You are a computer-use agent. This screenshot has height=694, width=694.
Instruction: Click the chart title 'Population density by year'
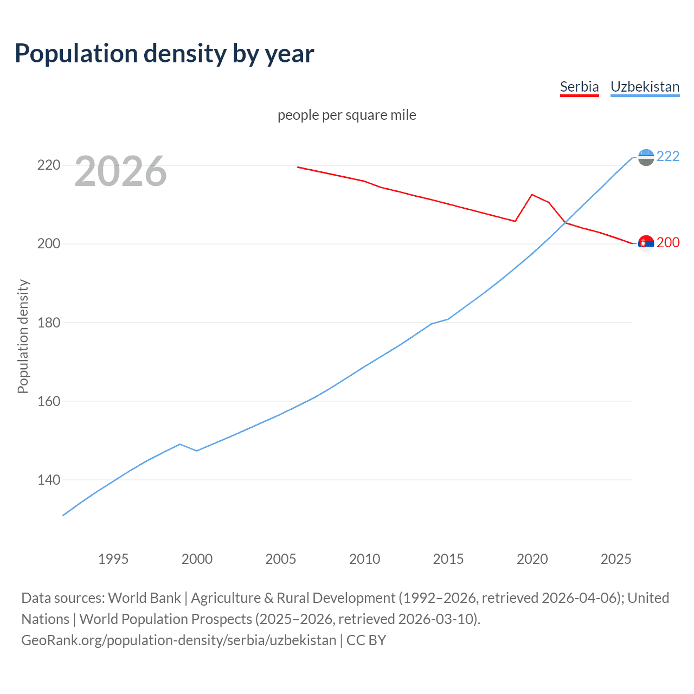[x=164, y=53]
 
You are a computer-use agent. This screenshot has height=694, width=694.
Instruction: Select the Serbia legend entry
[x=579, y=87]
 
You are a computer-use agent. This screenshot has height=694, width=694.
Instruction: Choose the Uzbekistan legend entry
[x=645, y=87]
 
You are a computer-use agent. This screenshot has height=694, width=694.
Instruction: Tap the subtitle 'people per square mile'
[x=346, y=115]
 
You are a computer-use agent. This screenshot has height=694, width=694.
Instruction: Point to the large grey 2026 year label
[x=120, y=171]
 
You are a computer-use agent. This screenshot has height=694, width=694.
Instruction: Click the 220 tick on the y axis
[x=48, y=165]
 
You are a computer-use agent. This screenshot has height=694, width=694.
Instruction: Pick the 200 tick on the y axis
[x=48, y=244]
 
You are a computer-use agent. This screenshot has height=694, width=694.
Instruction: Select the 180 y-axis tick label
[x=48, y=323]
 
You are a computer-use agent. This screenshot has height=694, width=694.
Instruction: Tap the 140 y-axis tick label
[x=48, y=480]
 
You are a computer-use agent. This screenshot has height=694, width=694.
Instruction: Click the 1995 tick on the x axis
[x=113, y=559]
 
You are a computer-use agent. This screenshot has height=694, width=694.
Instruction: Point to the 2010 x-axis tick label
[x=364, y=559]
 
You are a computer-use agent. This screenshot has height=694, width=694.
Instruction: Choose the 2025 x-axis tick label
[x=616, y=559]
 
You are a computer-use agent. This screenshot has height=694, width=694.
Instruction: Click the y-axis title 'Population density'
[x=23, y=336]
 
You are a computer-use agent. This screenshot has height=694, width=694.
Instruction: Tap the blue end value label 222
[x=668, y=156]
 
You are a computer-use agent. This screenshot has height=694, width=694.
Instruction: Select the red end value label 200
[x=668, y=242]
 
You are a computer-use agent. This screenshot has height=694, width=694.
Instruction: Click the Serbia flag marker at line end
[x=646, y=243]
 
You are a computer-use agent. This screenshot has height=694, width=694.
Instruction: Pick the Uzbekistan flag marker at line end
[x=646, y=157]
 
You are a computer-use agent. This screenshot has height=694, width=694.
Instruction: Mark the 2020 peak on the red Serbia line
[x=532, y=194]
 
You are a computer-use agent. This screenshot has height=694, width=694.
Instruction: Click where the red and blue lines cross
[x=565, y=222]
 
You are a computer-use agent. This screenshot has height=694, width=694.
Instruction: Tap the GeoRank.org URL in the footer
[x=179, y=640]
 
